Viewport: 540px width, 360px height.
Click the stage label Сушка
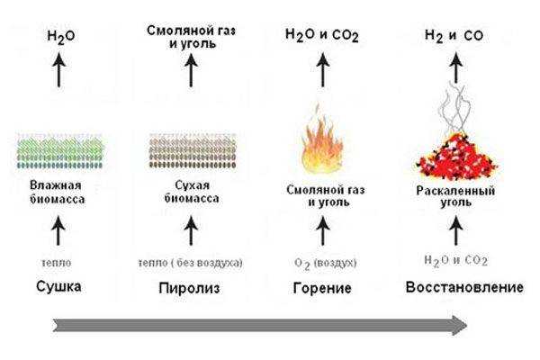[x=58, y=286]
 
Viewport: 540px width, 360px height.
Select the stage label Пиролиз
[x=189, y=288]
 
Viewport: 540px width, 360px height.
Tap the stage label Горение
[x=322, y=288]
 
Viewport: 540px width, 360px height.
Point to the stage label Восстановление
[x=464, y=287]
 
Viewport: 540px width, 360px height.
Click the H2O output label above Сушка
[x=61, y=37]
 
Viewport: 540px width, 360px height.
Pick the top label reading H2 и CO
[x=454, y=35]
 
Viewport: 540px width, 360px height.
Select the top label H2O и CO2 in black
[x=322, y=35]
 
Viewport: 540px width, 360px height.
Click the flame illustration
[x=322, y=141]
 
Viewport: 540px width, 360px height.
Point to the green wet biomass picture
[x=60, y=151]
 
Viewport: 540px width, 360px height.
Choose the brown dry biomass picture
[x=193, y=150]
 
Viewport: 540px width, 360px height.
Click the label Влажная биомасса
[x=57, y=193]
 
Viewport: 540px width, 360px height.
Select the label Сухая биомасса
[x=192, y=192]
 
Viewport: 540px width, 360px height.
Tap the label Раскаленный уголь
[x=455, y=195]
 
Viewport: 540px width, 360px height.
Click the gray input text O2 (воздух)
[x=325, y=264]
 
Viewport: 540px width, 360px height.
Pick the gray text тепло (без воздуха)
[x=191, y=263]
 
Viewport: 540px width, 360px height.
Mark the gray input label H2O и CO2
[x=455, y=261]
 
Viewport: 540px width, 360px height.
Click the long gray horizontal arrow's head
[x=460, y=325]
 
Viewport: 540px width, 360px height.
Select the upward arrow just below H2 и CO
[x=456, y=67]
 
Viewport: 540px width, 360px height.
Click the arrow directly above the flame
[x=323, y=70]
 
